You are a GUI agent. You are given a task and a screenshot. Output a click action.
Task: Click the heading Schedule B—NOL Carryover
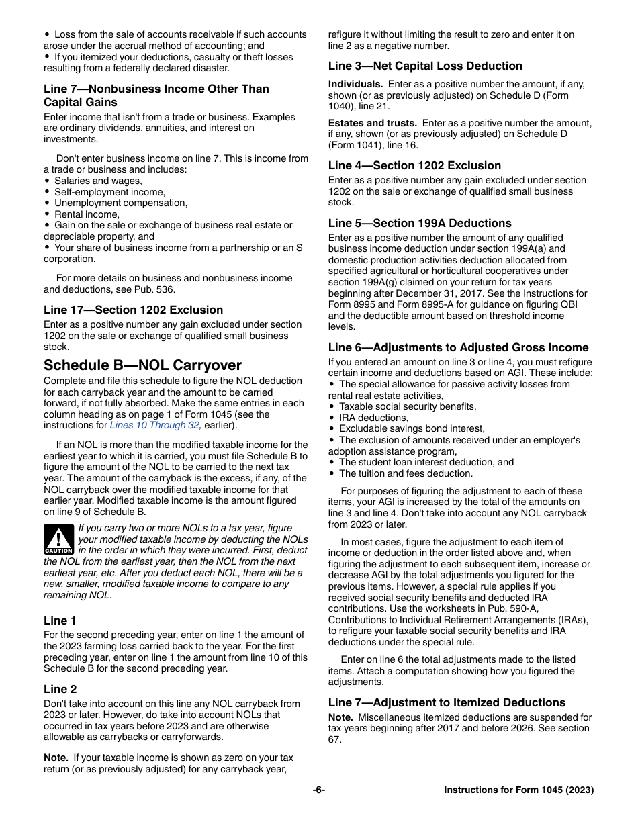142,365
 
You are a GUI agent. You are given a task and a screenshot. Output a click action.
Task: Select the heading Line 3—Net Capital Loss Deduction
425,66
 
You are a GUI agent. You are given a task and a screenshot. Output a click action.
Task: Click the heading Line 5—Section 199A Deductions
420,223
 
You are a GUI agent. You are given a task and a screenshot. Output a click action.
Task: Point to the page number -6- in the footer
319,790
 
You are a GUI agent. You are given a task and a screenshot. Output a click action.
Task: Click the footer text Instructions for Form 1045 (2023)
518,790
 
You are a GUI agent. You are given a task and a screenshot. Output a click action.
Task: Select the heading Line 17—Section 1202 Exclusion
133,310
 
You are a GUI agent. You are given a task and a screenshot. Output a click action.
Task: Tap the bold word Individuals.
355,84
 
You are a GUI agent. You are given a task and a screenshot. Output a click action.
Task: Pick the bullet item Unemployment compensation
121,203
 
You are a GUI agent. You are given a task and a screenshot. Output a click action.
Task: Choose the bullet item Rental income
87,214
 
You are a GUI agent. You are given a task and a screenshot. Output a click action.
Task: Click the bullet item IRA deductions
373,418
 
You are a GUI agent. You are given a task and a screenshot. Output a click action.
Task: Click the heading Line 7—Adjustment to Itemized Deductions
447,702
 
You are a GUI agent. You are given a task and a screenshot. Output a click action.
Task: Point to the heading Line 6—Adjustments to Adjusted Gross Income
458,347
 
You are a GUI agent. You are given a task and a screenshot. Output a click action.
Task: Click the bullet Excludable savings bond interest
412,428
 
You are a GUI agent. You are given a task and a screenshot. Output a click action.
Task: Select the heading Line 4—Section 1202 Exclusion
414,165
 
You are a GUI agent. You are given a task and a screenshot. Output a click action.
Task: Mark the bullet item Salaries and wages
98,181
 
